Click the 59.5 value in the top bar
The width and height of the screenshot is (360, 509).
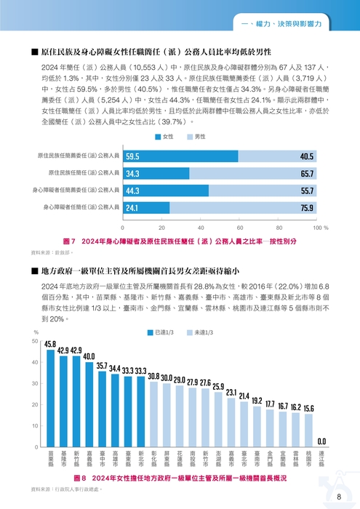click(x=133, y=156)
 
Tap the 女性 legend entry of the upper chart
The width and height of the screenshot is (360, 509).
click(x=164, y=137)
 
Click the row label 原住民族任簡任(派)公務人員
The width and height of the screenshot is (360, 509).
click(x=83, y=174)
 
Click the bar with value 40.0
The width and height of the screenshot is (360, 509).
click(x=89, y=404)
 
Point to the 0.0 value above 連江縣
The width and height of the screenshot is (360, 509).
click(x=321, y=441)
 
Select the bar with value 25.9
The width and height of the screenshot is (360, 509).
click(x=218, y=420)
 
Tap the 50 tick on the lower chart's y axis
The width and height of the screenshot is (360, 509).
click(x=35, y=341)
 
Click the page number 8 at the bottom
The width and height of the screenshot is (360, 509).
click(x=339, y=497)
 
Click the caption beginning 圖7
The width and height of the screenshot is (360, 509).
click(x=181, y=241)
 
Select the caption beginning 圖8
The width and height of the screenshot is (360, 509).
click(x=181, y=478)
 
